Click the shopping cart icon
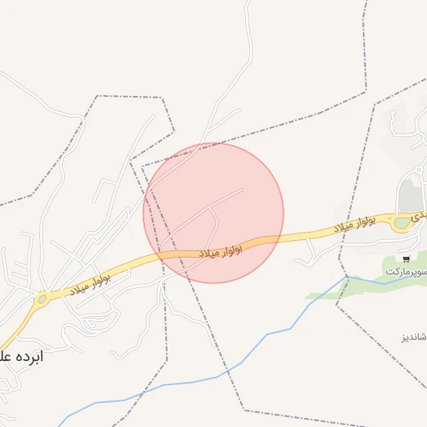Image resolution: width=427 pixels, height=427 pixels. tap(405, 259)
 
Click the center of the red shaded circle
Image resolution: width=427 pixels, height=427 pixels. tap(213, 213)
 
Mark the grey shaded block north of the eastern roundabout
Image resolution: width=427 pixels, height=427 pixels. tap(408, 195)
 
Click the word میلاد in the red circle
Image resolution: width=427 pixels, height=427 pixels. tap(208, 251)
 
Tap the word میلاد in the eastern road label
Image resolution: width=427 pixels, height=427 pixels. tap(348, 227)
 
